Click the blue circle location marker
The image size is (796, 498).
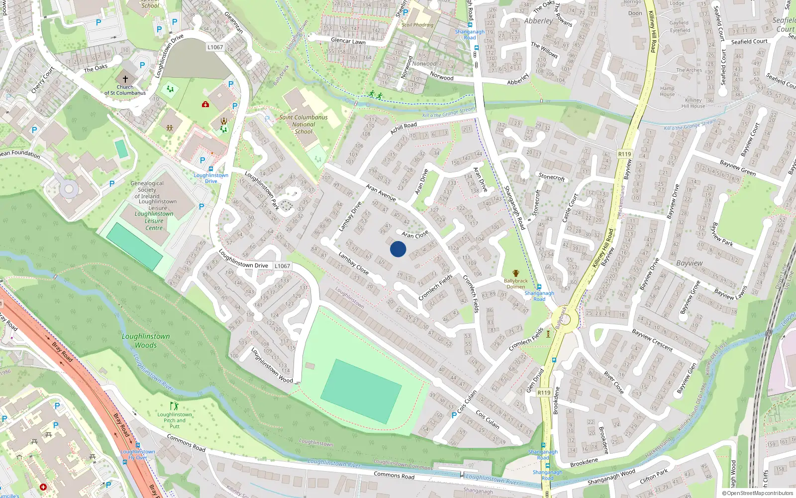click(x=398, y=249)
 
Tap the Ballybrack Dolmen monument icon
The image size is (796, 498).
click(x=516, y=273)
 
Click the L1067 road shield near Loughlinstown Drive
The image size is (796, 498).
click(x=282, y=266)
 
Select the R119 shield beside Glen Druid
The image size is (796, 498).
click(x=544, y=392)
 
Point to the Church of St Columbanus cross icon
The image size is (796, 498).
click(x=125, y=79)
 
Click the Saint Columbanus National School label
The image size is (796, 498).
click(x=303, y=124)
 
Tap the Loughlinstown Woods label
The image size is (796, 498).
click(x=146, y=341)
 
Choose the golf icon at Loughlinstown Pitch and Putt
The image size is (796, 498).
click(x=174, y=406)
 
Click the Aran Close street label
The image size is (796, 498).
click(x=415, y=234)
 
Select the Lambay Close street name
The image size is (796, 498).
click(x=353, y=263)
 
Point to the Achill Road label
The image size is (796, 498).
click(x=403, y=128)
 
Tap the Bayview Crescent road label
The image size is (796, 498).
click(x=652, y=340)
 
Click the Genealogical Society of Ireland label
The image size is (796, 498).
click(x=147, y=190)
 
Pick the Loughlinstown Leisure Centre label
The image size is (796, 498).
click(x=154, y=221)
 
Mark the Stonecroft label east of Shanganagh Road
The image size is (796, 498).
click(x=552, y=177)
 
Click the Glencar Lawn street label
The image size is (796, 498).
click(x=348, y=41)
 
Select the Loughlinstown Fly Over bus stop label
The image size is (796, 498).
click(x=138, y=454)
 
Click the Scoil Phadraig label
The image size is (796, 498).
click(x=417, y=25)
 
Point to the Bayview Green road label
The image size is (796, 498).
click(x=738, y=167)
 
